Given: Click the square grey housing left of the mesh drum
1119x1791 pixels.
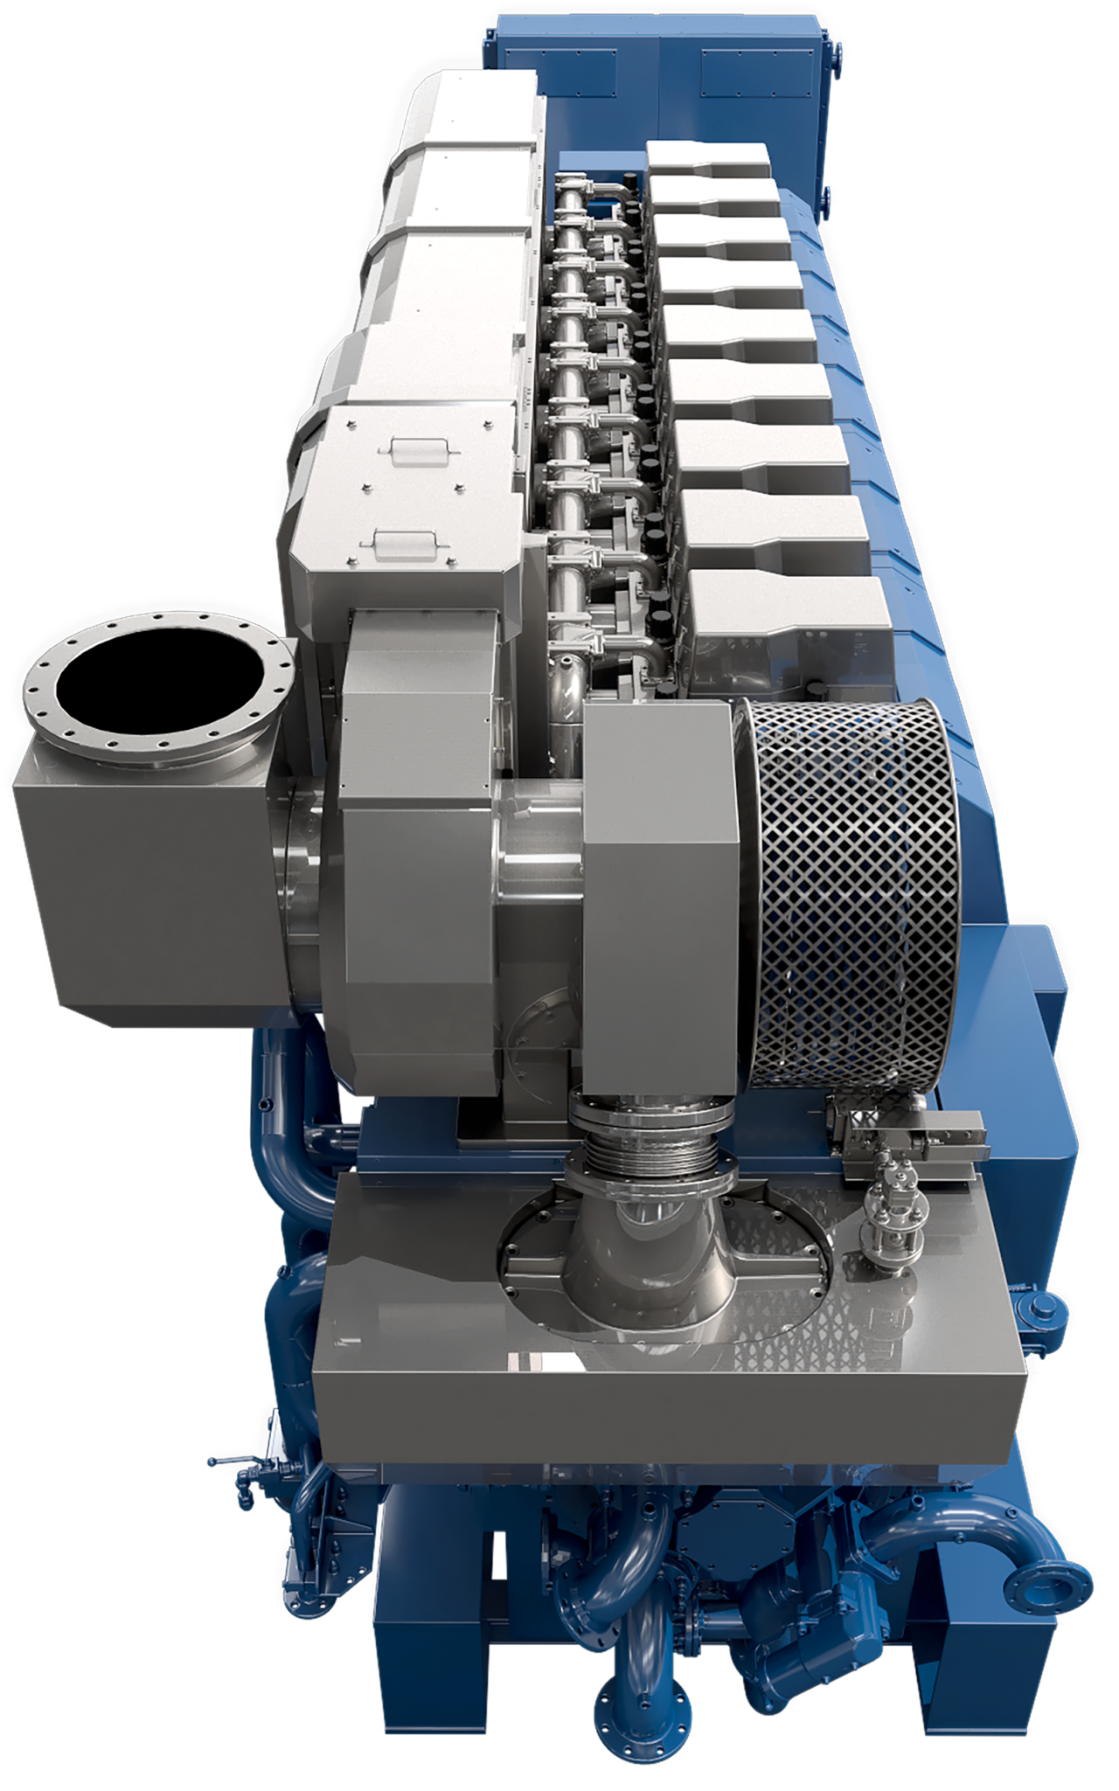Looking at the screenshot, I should tap(660, 892).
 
